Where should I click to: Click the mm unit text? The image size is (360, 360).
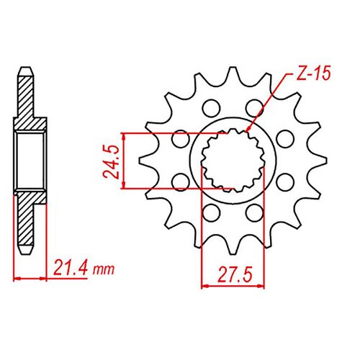coord(104,271)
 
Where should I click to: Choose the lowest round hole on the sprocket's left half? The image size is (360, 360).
coord(210,212)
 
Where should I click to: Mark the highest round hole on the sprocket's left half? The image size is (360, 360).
coord(210,108)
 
